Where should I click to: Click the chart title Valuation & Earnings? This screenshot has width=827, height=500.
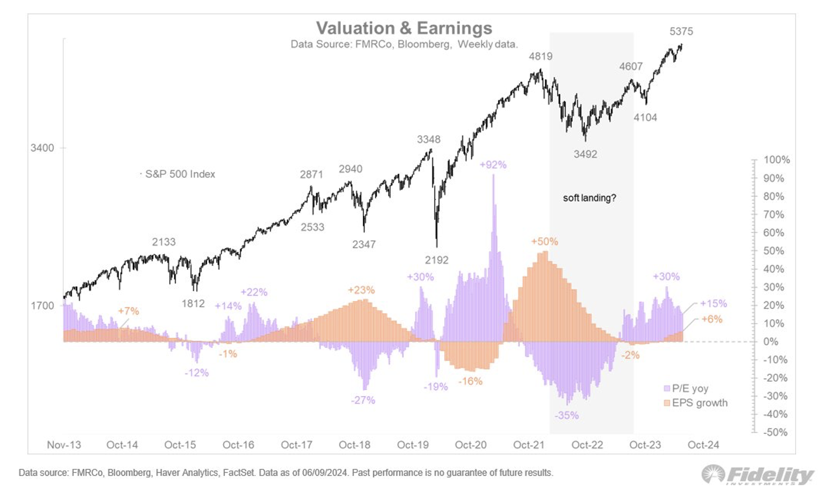coord(404,28)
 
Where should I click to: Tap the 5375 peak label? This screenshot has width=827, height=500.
coord(681,31)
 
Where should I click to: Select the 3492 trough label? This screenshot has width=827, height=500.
coord(585,154)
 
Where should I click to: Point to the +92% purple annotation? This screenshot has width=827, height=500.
coord(493,165)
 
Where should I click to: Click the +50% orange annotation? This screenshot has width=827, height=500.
coord(544,241)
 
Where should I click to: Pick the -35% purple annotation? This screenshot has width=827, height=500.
coord(566,415)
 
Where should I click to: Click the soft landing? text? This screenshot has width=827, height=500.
coord(589,198)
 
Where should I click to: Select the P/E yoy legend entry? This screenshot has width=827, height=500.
coord(690,388)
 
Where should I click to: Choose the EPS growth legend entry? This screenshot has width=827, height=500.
coord(699,403)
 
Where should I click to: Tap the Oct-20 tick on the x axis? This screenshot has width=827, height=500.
coord(471,445)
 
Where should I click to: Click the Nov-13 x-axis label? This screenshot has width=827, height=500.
coord(64,445)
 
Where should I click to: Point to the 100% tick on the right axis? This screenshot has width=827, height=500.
coord(776,160)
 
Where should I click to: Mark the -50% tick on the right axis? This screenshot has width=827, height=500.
coord(775,432)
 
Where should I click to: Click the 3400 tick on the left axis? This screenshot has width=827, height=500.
coord(42,148)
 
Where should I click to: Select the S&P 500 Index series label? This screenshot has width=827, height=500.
coord(180,174)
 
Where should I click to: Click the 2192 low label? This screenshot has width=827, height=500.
coord(437,260)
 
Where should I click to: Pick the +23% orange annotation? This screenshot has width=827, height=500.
coord(361,290)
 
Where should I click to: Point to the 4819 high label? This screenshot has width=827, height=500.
coord(541,56)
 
